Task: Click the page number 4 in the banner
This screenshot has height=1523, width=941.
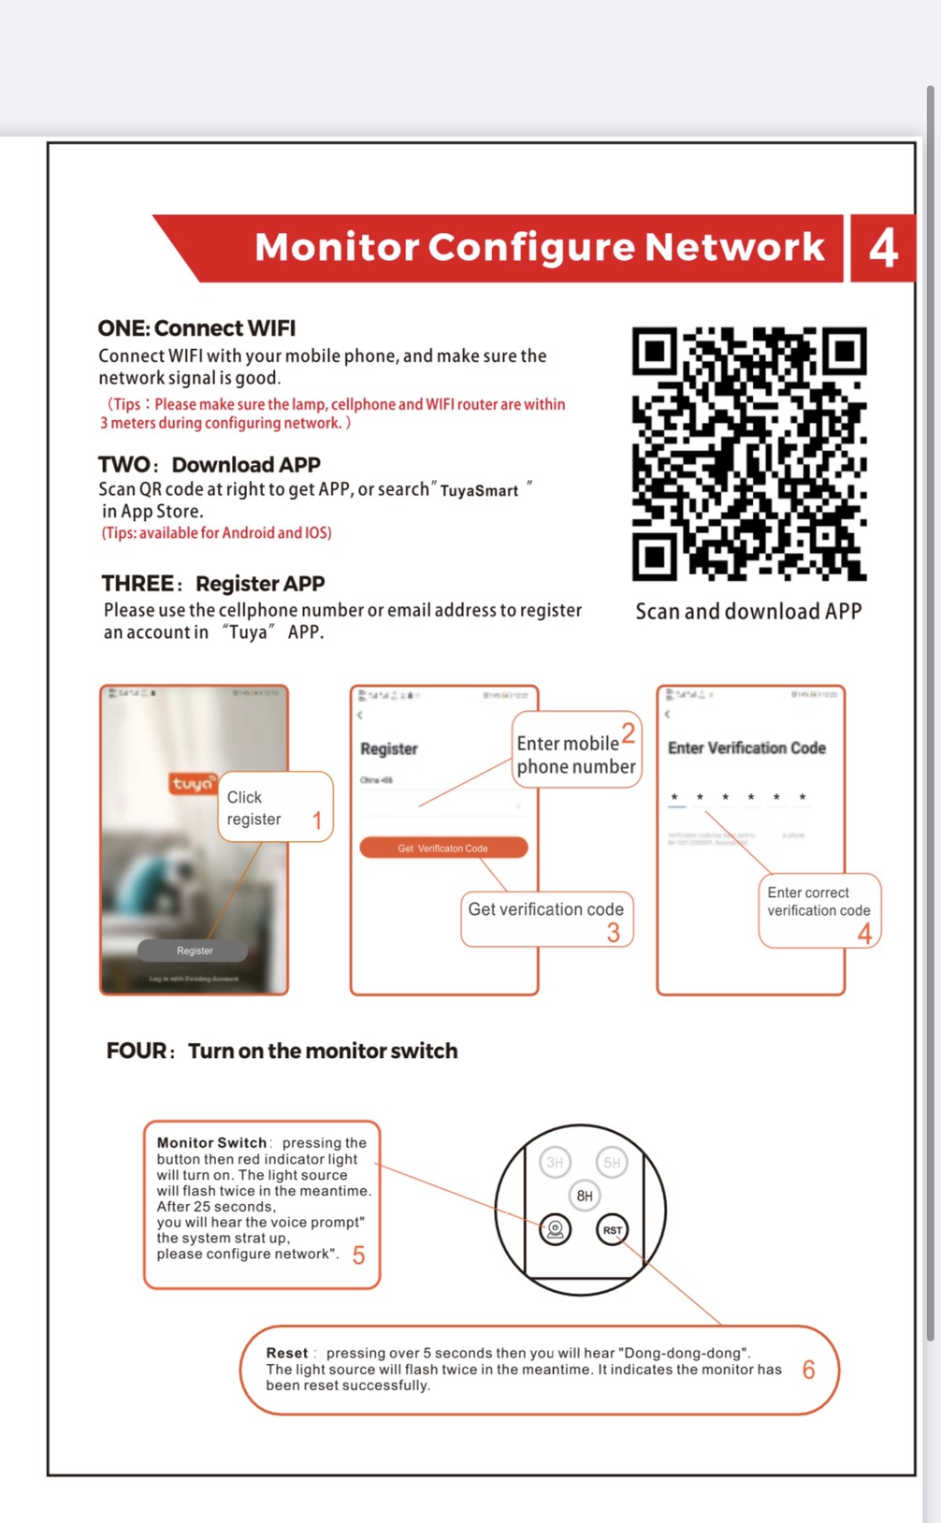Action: (883, 248)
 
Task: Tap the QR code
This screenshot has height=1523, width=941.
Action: (749, 453)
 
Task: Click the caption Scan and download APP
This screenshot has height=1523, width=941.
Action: (748, 612)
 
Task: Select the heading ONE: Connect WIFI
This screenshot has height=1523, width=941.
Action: (196, 328)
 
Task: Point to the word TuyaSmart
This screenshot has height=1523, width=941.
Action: (479, 491)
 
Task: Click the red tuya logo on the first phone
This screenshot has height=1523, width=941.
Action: (193, 784)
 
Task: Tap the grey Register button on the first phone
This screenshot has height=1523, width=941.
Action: (194, 950)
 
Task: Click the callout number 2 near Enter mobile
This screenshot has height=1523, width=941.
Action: (629, 732)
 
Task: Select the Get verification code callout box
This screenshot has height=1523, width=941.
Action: (546, 919)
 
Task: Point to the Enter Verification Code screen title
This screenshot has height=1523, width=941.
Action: (746, 748)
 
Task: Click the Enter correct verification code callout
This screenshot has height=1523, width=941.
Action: (818, 910)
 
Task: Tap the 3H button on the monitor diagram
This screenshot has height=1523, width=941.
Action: (555, 1163)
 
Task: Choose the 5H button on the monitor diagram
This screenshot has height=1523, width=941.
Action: (612, 1163)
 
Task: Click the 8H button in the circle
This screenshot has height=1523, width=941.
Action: (585, 1196)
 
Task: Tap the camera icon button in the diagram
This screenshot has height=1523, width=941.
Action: (556, 1229)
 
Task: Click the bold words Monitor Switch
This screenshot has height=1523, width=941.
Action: (211, 1142)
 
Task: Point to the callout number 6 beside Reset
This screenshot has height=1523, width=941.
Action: (809, 1370)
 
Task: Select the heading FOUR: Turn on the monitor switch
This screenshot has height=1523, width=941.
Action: (282, 1052)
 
